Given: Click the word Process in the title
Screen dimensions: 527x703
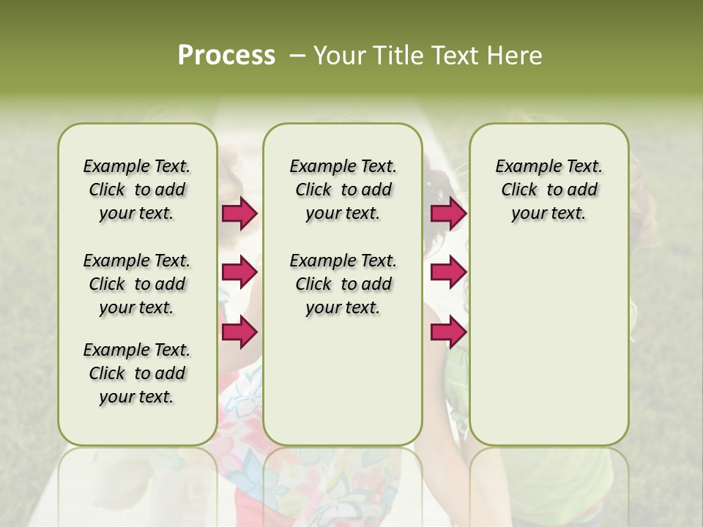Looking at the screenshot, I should (x=226, y=56).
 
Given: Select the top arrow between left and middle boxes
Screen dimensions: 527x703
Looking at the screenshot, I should (x=239, y=213).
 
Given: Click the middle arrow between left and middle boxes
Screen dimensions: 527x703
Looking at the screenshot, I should (x=239, y=272).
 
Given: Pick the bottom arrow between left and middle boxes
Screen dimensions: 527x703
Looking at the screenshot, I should (x=239, y=332).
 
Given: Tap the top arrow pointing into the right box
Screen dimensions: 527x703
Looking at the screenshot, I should (x=448, y=213).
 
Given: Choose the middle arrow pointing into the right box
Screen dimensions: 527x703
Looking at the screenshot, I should (x=448, y=272).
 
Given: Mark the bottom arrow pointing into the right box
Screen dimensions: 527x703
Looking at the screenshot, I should (x=448, y=332).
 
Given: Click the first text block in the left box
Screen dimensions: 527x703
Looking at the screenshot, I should (x=137, y=190).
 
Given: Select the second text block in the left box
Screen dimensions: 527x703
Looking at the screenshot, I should (x=137, y=284).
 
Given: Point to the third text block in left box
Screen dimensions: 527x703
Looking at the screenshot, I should (x=137, y=373).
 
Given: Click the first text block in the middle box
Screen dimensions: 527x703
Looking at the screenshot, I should (x=343, y=190).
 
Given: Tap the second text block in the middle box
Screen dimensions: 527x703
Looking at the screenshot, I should (x=343, y=284).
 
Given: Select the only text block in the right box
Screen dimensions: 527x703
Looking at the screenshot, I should (x=548, y=190).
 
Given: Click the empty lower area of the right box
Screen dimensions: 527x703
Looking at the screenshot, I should (x=548, y=351).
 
